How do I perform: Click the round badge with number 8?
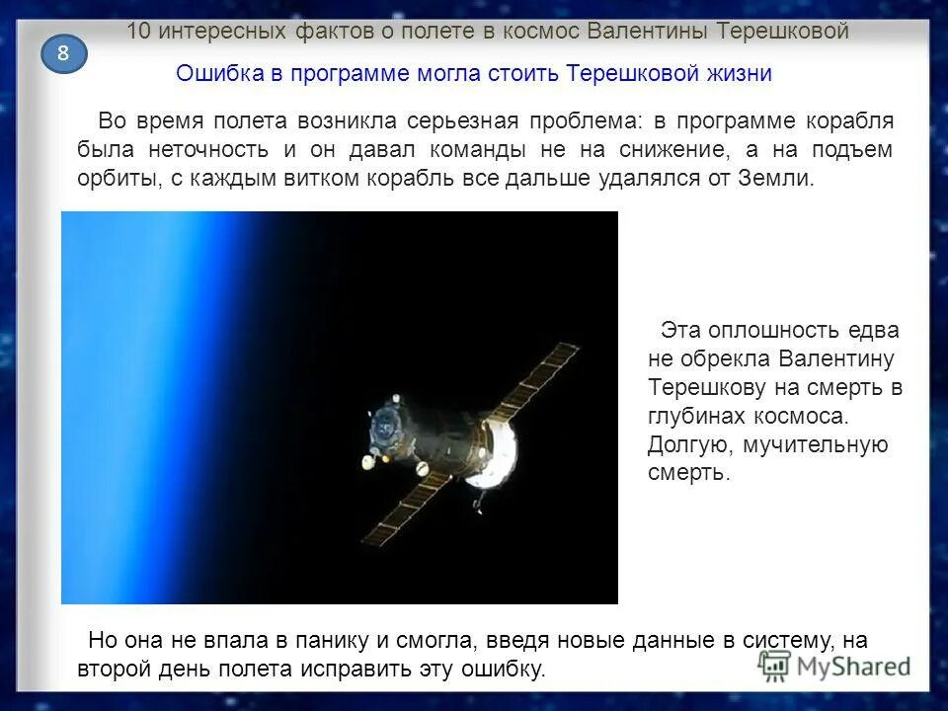tap(63, 53)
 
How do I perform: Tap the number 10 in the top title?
tap(138, 31)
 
